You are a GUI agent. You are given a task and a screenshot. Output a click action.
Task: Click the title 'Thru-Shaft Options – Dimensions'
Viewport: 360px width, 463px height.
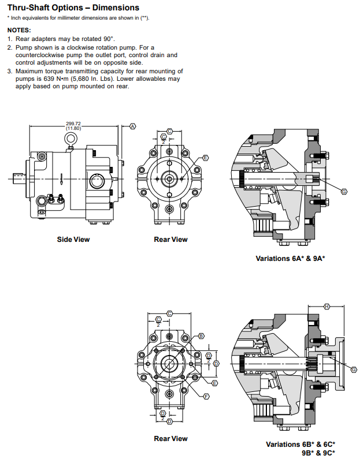[73, 8]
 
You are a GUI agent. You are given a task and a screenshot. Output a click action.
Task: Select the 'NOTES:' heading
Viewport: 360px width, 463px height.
[20, 29]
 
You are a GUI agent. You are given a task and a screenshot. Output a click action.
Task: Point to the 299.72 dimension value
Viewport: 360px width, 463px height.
[73, 124]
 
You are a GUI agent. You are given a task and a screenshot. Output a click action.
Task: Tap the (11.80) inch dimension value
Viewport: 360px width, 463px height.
[73, 128]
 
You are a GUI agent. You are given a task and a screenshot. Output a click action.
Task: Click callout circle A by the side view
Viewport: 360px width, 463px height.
[132, 126]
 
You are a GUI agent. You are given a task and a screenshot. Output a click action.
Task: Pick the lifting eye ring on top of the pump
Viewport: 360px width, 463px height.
[70, 139]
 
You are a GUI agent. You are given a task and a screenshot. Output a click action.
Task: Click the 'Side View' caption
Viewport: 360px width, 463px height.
[73, 239]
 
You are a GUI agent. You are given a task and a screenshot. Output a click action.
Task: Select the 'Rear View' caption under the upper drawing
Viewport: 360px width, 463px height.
[170, 239]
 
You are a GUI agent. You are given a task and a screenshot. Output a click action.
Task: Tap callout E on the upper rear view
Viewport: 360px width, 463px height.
[205, 158]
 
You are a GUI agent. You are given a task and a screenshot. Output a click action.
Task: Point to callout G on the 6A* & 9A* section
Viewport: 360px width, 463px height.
[344, 191]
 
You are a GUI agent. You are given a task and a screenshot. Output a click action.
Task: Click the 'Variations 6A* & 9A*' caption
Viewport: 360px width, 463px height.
[290, 259]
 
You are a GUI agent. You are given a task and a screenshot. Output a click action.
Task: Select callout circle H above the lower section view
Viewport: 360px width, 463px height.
[326, 306]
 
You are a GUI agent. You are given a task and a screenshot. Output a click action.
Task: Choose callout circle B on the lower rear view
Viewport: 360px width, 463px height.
[201, 335]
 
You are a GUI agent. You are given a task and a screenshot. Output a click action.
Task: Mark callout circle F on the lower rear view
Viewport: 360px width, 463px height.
[206, 396]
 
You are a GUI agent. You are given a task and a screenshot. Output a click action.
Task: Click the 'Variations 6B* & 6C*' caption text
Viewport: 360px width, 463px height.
[300, 445]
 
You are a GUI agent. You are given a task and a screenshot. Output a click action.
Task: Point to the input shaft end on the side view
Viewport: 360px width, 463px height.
[18, 179]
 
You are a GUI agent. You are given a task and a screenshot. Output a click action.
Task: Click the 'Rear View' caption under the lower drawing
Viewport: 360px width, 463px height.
[170, 439]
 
